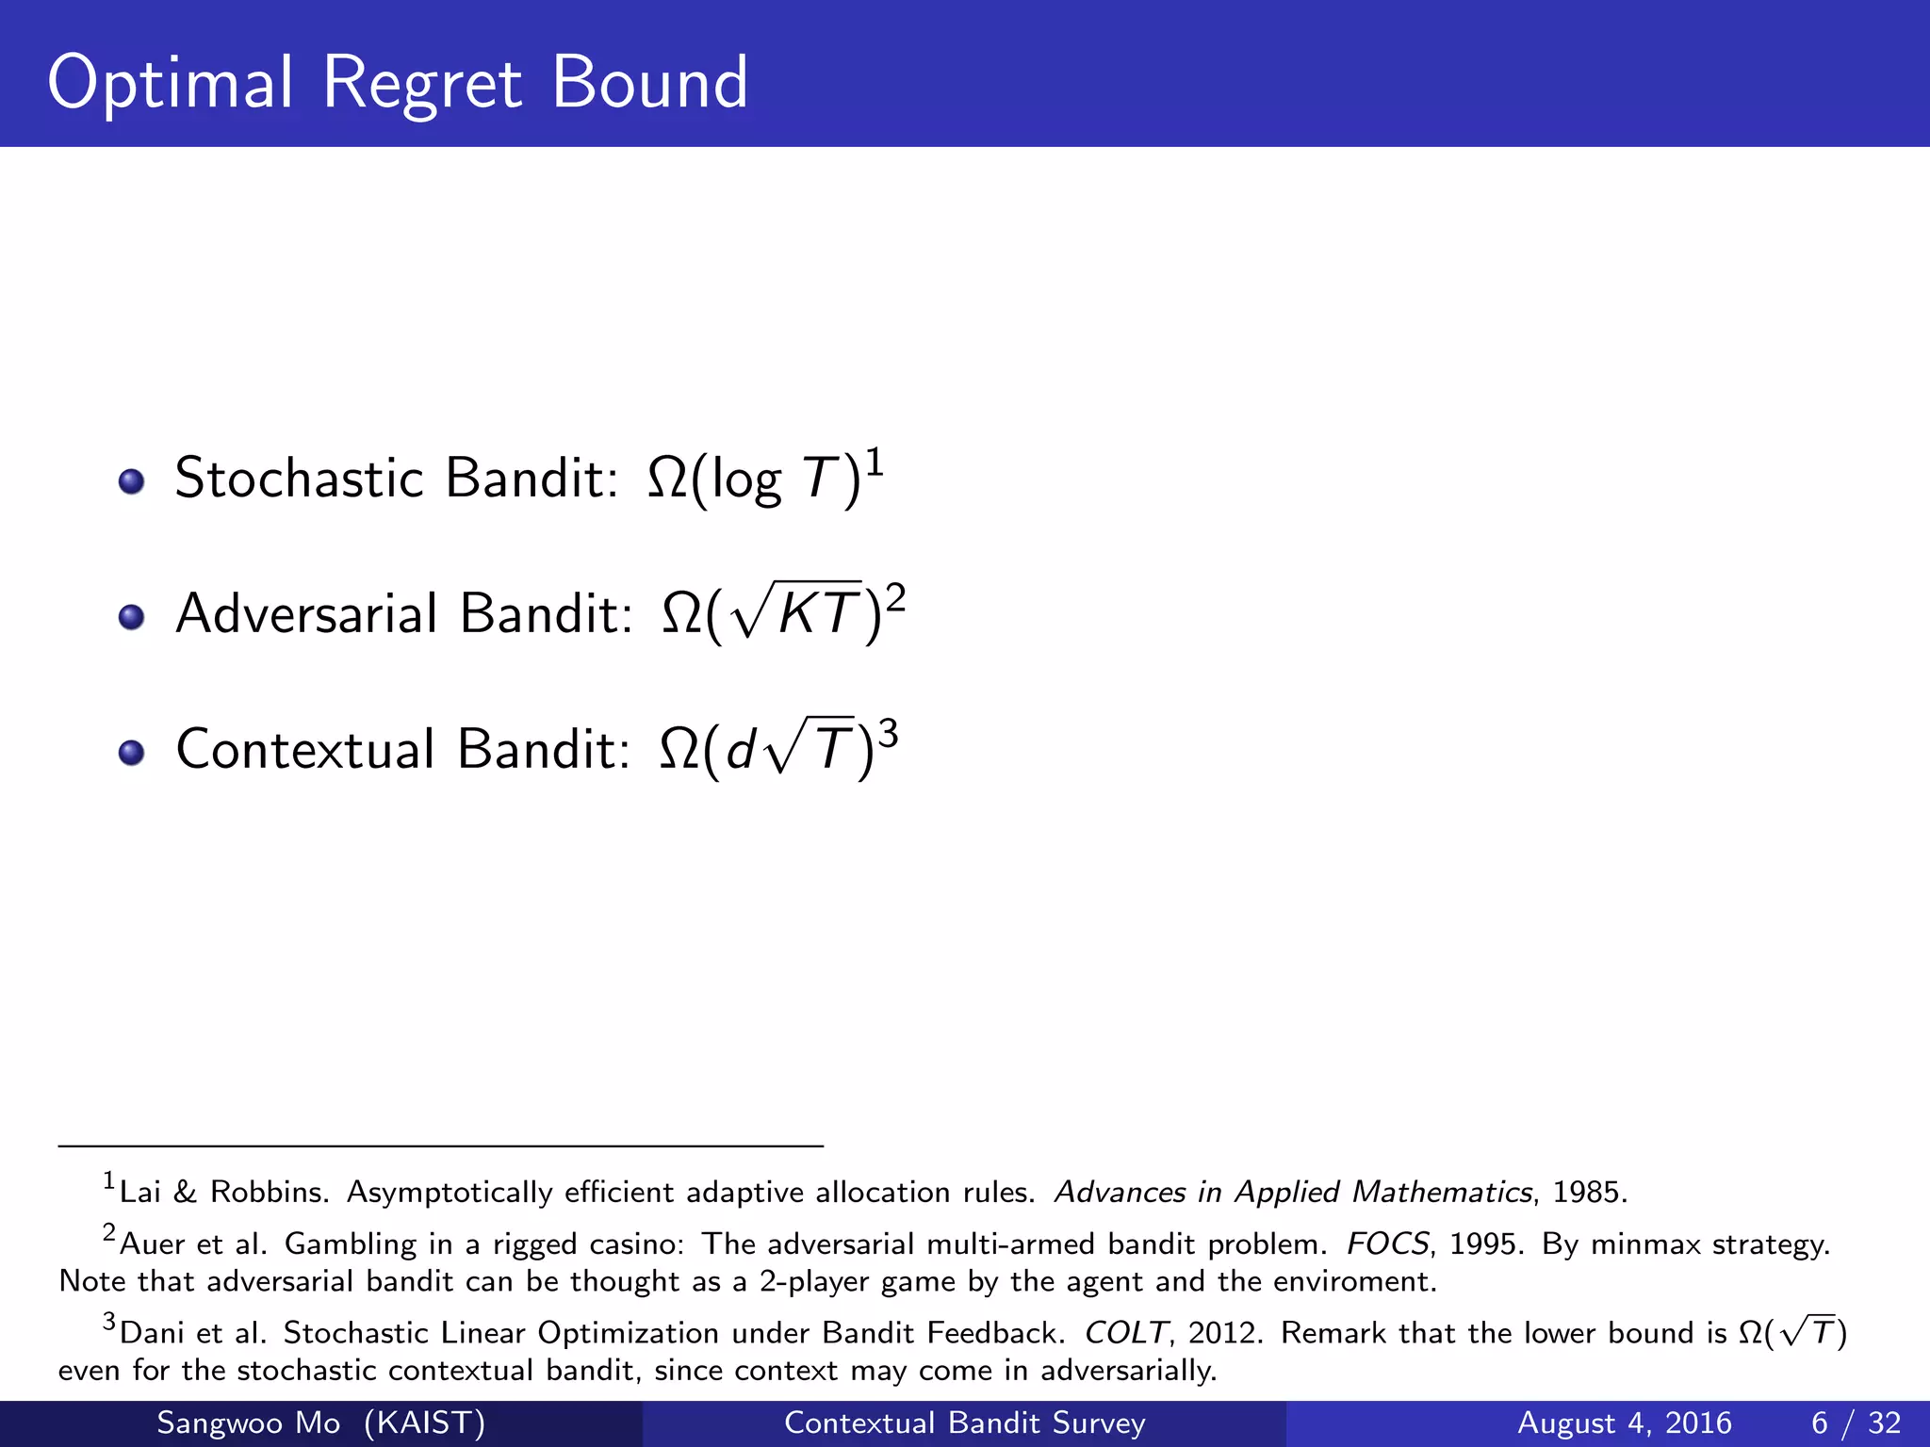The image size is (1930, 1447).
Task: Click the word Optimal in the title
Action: tap(171, 85)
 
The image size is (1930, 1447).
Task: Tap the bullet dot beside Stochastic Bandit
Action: tap(131, 482)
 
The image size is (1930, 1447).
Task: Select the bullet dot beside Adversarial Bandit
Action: tap(131, 618)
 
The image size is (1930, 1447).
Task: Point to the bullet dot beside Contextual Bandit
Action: tap(131, 754)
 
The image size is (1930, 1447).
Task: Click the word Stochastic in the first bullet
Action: tap(300, 478)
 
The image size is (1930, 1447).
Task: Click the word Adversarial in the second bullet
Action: tap(307, 613)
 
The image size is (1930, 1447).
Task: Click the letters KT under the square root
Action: tap(819, 614)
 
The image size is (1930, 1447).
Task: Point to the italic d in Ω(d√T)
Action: tap(741, 751)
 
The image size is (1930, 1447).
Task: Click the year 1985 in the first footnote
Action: tap(1588, 1193)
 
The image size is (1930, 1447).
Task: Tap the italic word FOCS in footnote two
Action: tap(1387, 1244)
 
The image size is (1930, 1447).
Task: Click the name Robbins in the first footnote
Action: tap(268, 1193)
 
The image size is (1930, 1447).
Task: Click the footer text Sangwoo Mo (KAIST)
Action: tap(320, 1423)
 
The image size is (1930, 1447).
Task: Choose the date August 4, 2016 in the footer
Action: tap(1624, 1423)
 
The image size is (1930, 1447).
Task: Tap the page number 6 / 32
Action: tap(1856, 1423)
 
